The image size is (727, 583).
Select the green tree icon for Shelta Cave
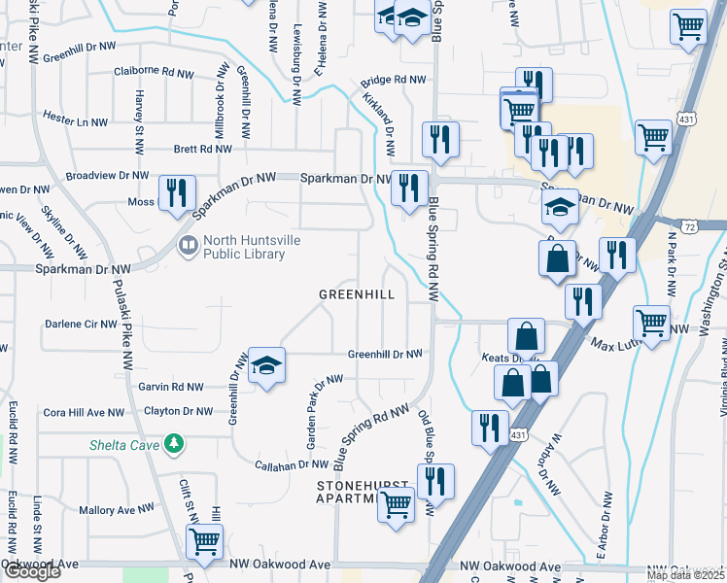(174, 443)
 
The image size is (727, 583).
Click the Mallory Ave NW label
(116, 509)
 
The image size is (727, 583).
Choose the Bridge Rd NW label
(393, 81)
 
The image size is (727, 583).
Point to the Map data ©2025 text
(684, 575)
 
